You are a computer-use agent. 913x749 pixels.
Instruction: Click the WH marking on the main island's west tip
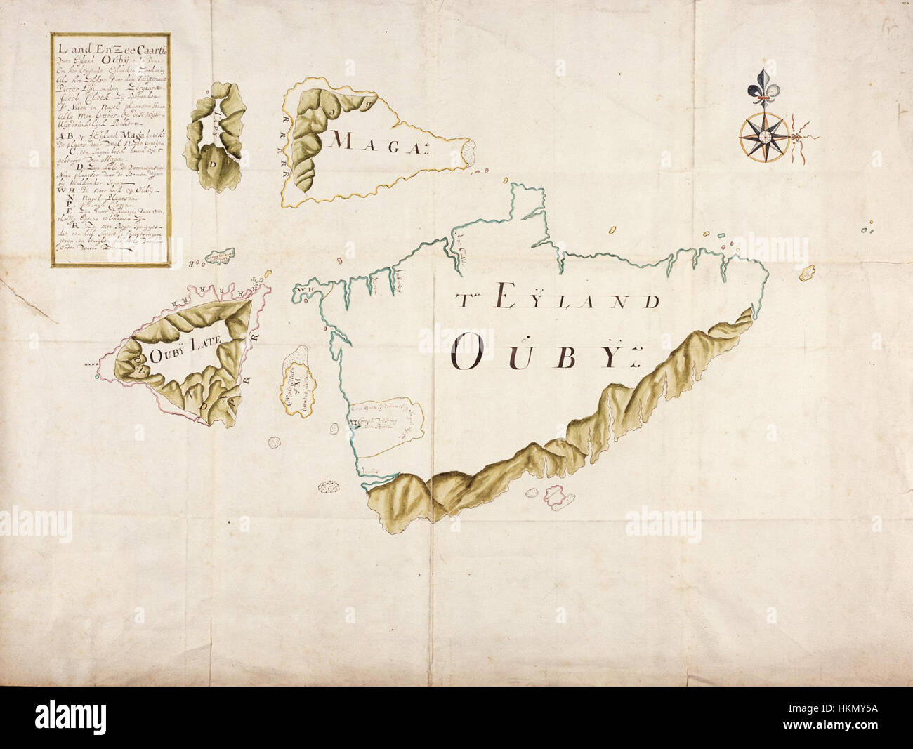(303, 289)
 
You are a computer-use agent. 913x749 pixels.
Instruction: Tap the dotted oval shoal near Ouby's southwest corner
(328, 486)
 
